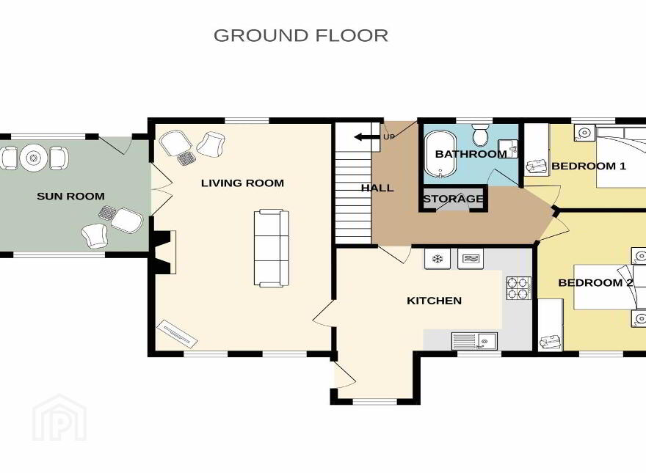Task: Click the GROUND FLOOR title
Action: coord(301,35)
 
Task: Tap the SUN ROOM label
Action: coord(71,197)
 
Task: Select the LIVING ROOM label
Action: coord(243,183)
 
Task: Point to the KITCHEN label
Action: coord(435,301)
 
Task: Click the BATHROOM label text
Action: coord(471,155)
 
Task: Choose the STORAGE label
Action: coord(453,199)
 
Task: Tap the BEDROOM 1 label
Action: coord(589,166)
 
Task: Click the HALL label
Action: coord(377,188)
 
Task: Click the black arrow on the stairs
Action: coord(366,136)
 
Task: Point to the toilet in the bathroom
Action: coord(480,135)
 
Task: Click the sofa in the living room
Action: coord(272,248)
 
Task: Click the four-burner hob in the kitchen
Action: coord(519,287)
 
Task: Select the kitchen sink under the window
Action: coord(475,341)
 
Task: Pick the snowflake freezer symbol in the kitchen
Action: coord(437,259)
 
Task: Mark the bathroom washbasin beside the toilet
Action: coord(508,149)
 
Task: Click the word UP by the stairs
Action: coord(389,136)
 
